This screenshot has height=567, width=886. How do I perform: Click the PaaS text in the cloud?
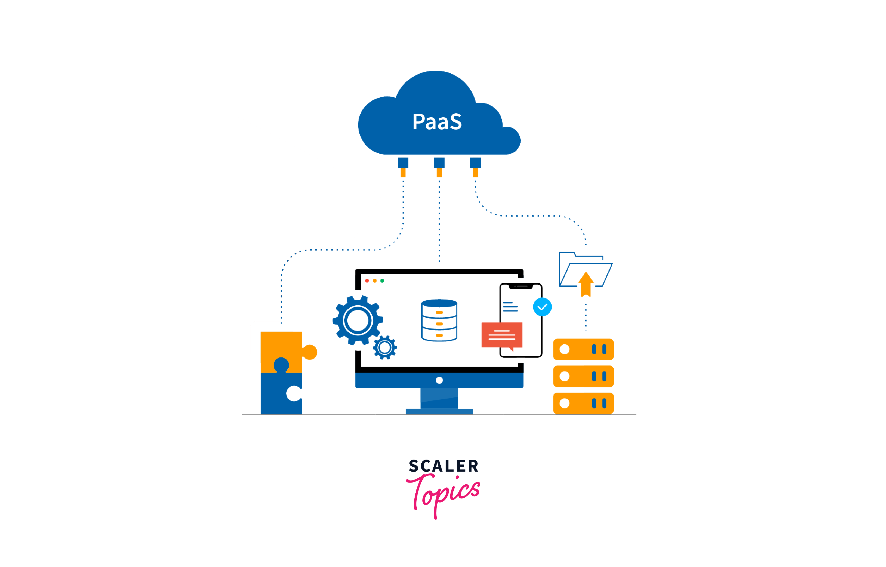[437, 121]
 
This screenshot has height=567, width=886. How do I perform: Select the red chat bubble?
[502, 335]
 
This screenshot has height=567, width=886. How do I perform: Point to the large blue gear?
[357, 320]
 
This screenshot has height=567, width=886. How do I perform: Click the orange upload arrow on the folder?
[586, 284]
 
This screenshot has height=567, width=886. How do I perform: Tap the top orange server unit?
[583, 349]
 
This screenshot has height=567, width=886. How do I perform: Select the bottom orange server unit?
[583, 403]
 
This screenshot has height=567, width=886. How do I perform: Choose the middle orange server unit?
[583, 376]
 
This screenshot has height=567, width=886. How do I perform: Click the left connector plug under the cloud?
[403, 167]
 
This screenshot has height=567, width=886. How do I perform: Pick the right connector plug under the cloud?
[475, 167]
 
